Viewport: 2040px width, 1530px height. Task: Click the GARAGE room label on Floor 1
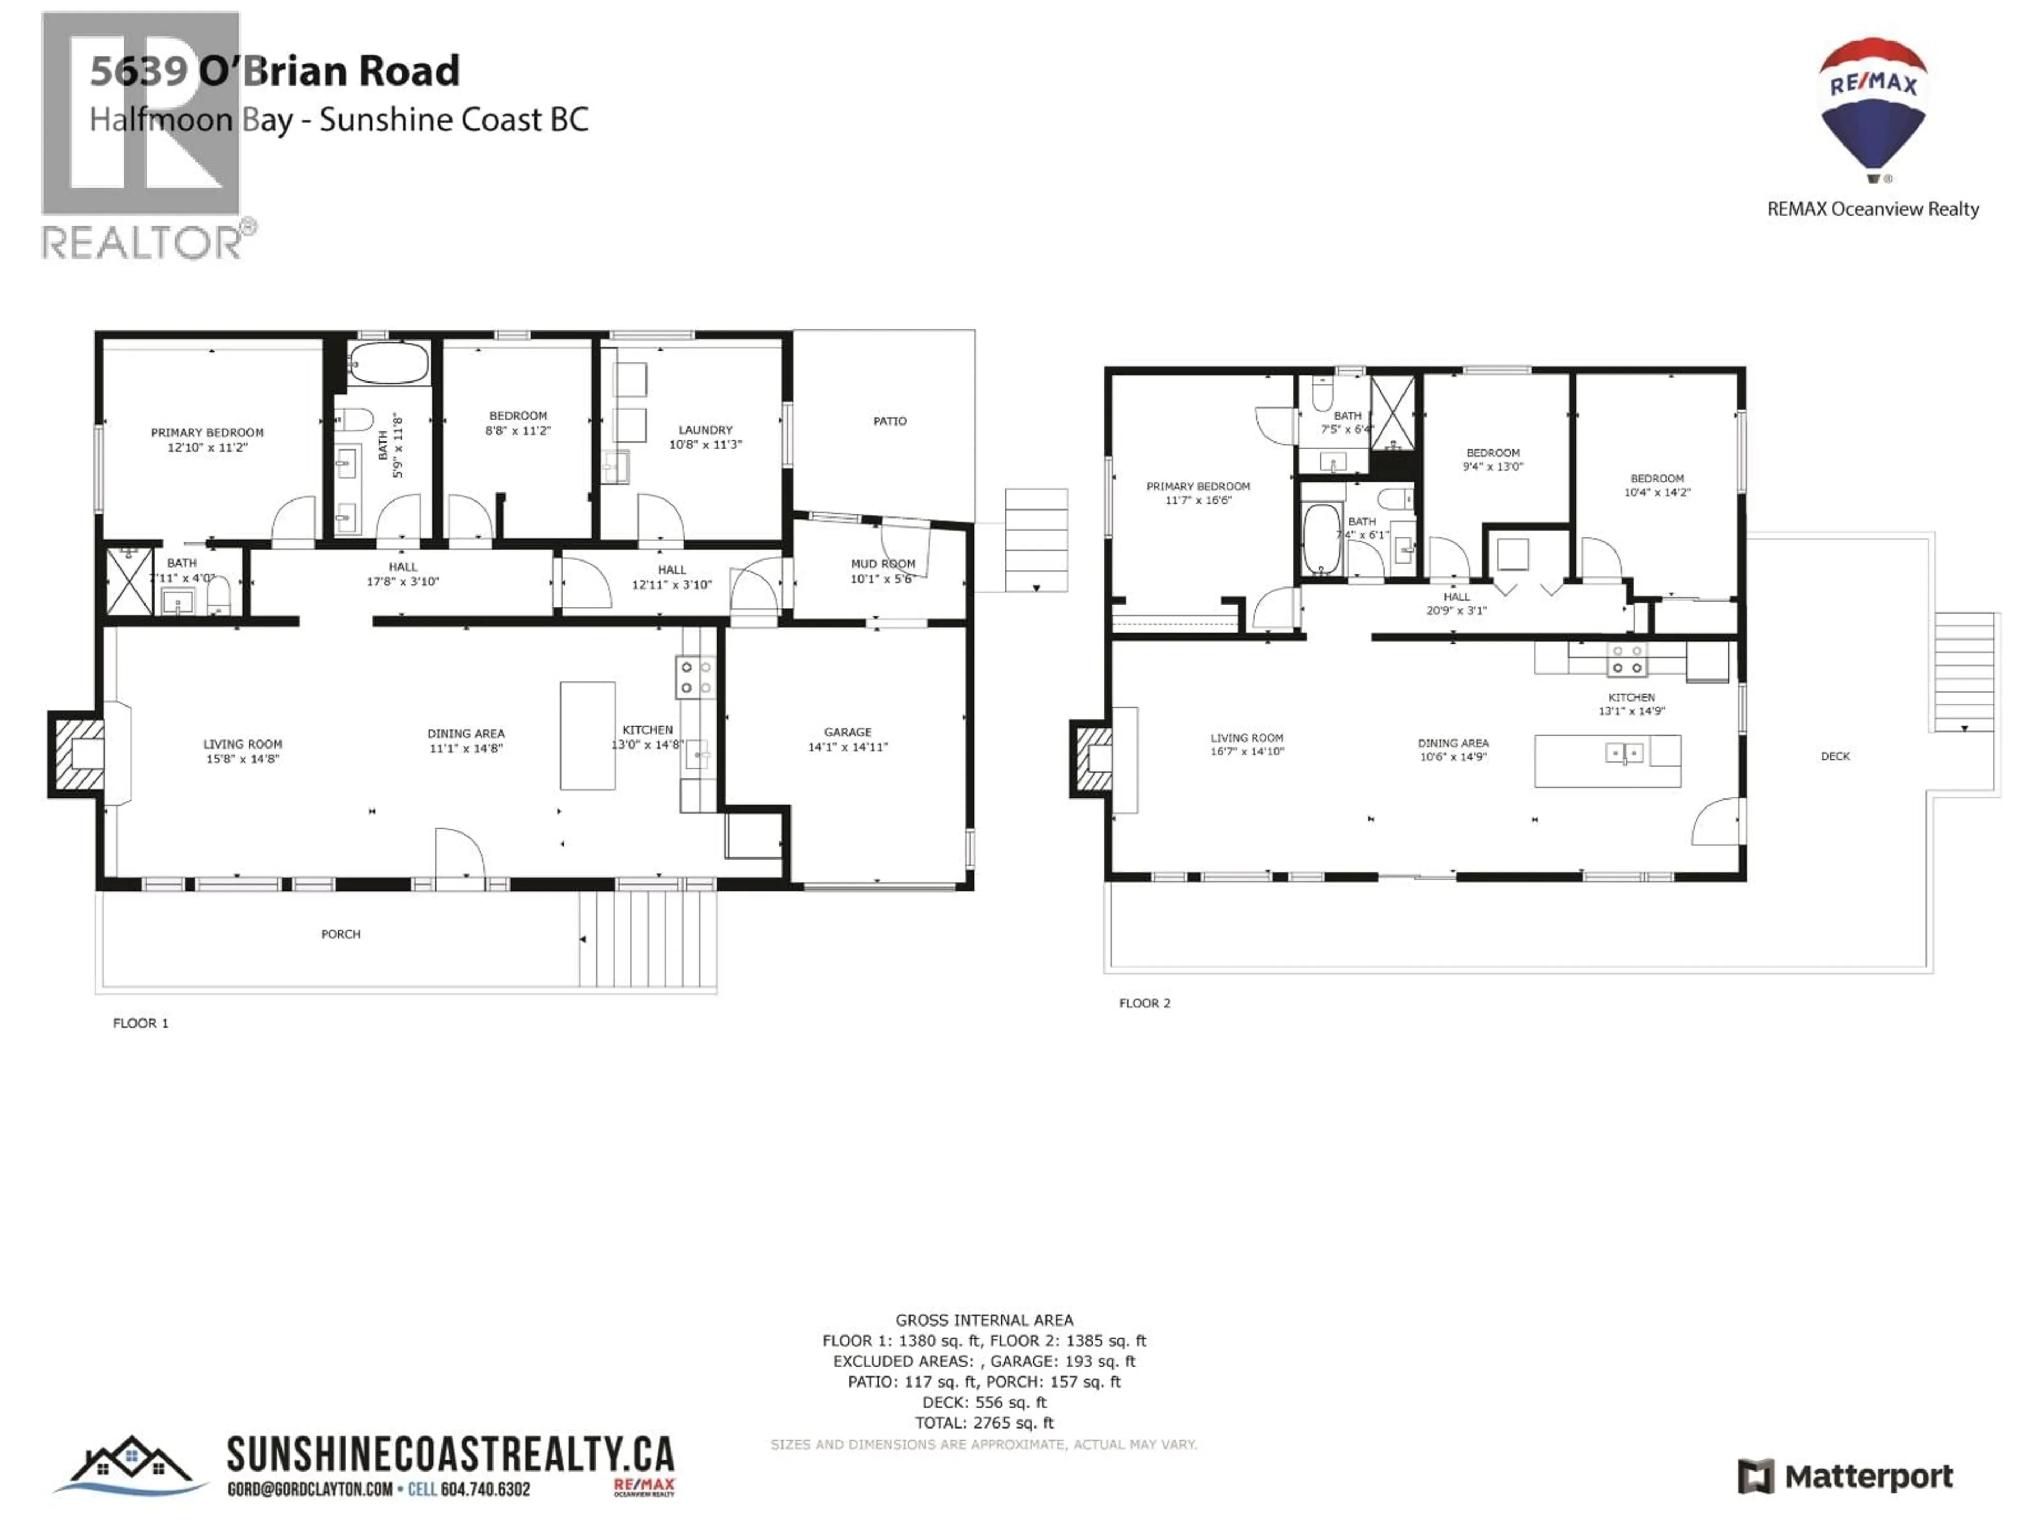click(x=847, y=732)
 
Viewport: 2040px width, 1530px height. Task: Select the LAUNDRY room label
click(x=705, y=430)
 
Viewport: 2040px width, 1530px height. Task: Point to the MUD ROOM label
click(x=882, y=564)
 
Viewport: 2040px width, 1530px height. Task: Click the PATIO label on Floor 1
click(x=890, y=421)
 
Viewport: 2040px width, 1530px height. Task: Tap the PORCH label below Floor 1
click(x=341, y=934)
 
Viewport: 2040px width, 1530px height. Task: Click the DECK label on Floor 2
click(x=1835, y=756)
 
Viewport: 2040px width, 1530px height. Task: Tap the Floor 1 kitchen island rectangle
click(x=588, y=735)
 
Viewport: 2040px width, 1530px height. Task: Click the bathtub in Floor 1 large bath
click(x=389, y=363)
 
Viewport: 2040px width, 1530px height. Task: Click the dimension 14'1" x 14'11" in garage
click(x=847, y=747)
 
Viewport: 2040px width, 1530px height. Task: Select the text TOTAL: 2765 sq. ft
click(x=983, y=1423)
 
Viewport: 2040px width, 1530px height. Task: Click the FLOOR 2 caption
click(x=1144, y=1004)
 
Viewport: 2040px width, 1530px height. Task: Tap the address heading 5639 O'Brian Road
click(x=275, y=71)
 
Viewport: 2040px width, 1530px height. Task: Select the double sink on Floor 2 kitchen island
click(x=1624, y=753)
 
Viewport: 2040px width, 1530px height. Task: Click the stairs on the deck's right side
click(x=1965, y=671)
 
